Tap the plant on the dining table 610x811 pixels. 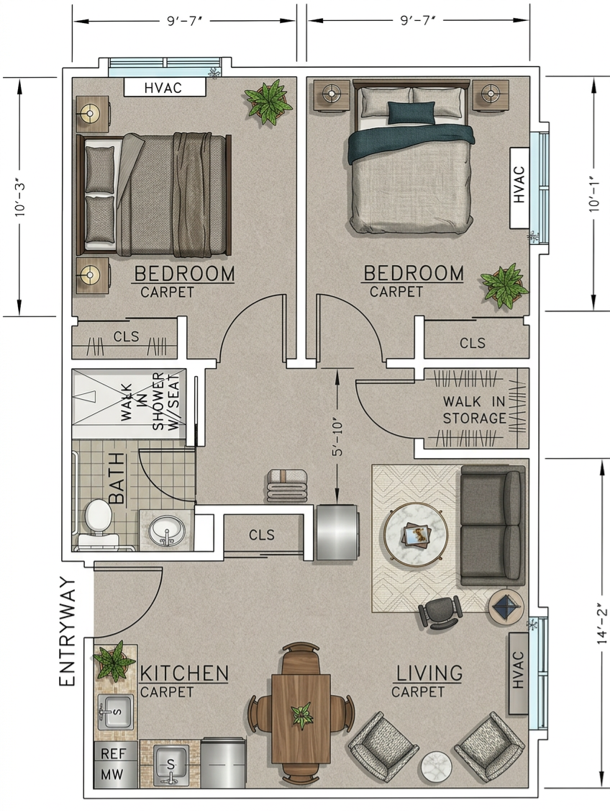tap(301, 716)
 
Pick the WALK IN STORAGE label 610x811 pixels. tap(473, 410)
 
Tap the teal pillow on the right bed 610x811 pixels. tap(411, 112)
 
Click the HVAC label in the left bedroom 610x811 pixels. tap(165, 88)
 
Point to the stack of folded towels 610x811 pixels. tap(287, 486)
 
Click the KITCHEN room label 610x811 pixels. tap(184, 674)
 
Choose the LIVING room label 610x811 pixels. tap(429, 674)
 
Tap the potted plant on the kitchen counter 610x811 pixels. tap(113, 660)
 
